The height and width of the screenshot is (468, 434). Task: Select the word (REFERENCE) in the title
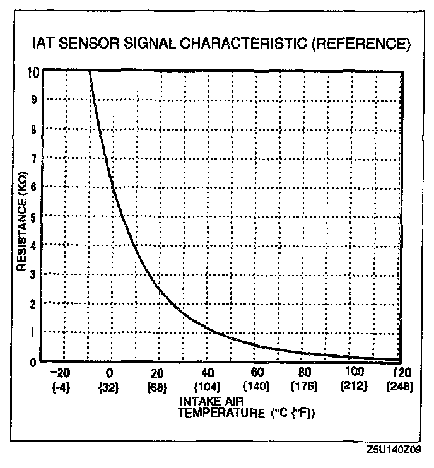[355, 45]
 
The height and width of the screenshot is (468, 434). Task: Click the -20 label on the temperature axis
[62, 372]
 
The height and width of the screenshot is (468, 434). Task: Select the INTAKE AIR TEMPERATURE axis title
[246, 407]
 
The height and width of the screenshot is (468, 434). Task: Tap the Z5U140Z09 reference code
[396, 450]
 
